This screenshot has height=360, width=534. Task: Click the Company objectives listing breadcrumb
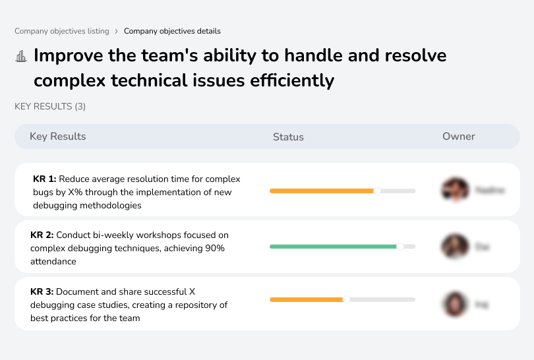(x=62, y=31)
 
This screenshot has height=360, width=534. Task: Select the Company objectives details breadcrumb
(x=172, y=31)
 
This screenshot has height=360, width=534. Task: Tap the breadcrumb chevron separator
(x=117, y=31)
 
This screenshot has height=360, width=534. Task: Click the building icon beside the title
(x=21, y=56)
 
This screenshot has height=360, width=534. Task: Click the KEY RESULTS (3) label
(x=50, y=106)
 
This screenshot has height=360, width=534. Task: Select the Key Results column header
(x=58, y=136)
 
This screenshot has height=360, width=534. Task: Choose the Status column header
(x=288, y=137)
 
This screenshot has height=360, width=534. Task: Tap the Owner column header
(x=459, y=136)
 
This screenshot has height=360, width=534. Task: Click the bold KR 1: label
(x=45, y=179)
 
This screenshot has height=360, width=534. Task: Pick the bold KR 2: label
(x=42, y=235)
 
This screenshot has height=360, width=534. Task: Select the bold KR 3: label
(x=42, y=291)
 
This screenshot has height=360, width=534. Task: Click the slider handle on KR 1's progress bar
(x=377, y=191)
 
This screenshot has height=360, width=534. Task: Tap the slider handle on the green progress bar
(x=400, y=247)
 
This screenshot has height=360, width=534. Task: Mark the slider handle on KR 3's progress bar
(x=347, y=299)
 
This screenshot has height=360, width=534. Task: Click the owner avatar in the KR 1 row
(x=455, y=190)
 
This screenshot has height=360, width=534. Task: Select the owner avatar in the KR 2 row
(x=455, y=247)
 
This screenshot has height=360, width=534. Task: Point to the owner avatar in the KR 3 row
(x=455, y=304)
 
